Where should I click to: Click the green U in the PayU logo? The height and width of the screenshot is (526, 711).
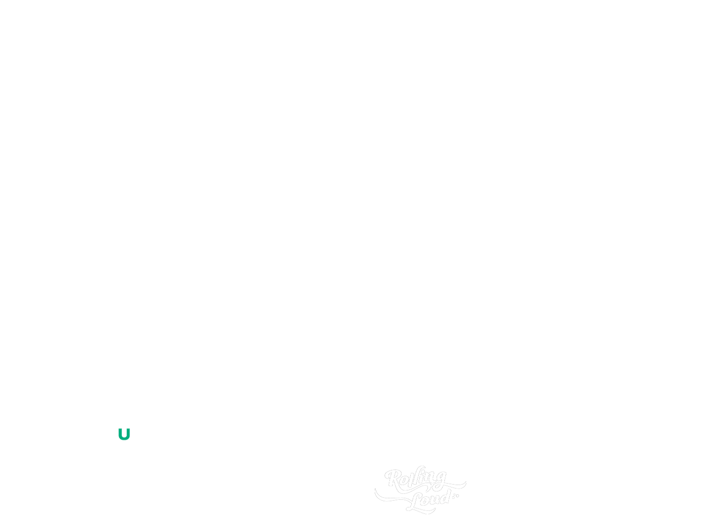(x=125, y=434)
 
